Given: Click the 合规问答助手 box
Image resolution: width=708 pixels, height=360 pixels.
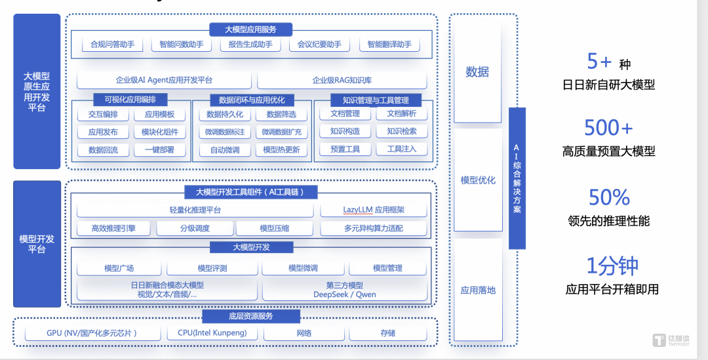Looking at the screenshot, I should coord(112,45).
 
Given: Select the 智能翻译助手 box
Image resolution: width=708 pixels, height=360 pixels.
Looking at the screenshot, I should coord(389,45).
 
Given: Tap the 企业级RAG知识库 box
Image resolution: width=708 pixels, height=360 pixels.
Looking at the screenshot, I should coord(342,80).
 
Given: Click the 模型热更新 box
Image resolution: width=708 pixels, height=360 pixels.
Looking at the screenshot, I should coord(281,150).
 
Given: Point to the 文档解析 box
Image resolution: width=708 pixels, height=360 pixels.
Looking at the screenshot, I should coord(401,113).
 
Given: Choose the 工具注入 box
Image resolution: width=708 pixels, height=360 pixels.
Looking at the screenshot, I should coord(401,149).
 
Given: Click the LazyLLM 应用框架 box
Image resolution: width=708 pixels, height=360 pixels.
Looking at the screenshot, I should coord(374,210).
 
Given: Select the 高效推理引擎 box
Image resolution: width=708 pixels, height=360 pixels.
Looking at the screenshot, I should coord(113,228).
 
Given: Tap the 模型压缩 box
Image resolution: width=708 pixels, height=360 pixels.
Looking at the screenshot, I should coord(274,228).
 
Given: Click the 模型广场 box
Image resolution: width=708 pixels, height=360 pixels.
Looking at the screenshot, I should coord(119,268).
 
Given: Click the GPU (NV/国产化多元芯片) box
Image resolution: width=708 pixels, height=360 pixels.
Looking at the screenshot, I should coord(92,333).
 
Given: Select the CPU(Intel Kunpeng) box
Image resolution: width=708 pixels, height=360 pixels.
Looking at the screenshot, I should coord(212,333).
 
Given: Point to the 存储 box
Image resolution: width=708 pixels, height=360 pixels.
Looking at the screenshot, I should coord(387,333).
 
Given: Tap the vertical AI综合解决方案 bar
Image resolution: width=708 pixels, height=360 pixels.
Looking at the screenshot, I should coord(517,178).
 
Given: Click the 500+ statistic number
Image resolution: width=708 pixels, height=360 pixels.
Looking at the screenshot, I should coord(608,127).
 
